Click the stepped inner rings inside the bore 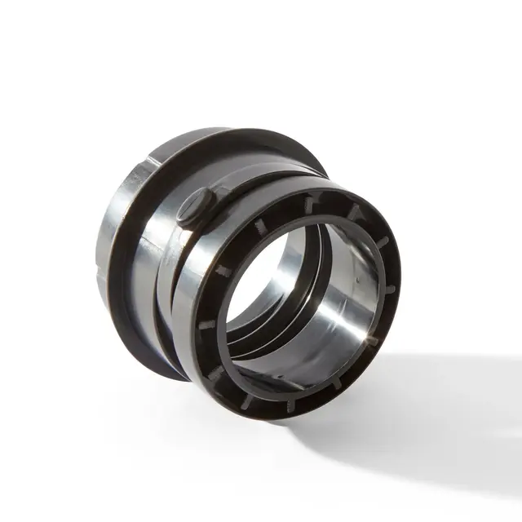253,343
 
